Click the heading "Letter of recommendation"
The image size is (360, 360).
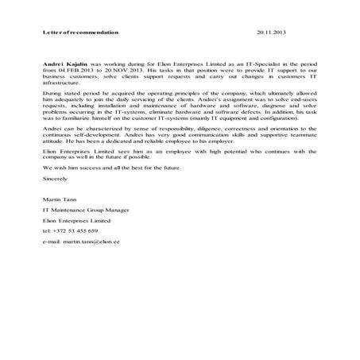pos(80,33)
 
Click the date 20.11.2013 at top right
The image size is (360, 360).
pos(271,33)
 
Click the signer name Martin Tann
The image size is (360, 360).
pos(59,195)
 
